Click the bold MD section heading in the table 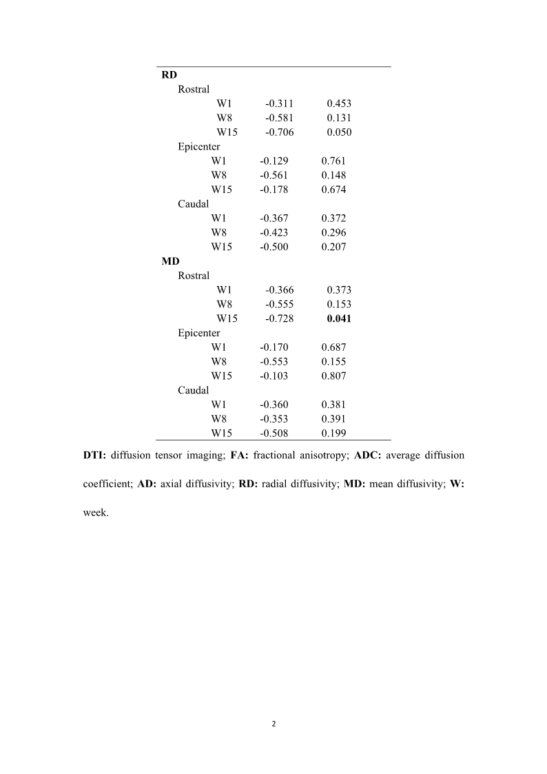(x=170, y=261)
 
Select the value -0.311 (x=279, y=103)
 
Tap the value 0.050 (x=339, y=132)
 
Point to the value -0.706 (x=279, y=132)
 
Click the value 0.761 (x=333, y=161)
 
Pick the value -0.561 (x=273, y=175)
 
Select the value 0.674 (x=333, y=190)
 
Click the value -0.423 (x=273, y=232)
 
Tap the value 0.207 (x=333, y=247)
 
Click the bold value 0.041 (x=339, y=318)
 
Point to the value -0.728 (x=279, y=318)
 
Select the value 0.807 (x=333, y=376)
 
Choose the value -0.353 (x=273, y=418)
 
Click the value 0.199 (x=333, y=433)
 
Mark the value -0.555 (x=279, y=304)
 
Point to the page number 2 (x=273, y=724)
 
